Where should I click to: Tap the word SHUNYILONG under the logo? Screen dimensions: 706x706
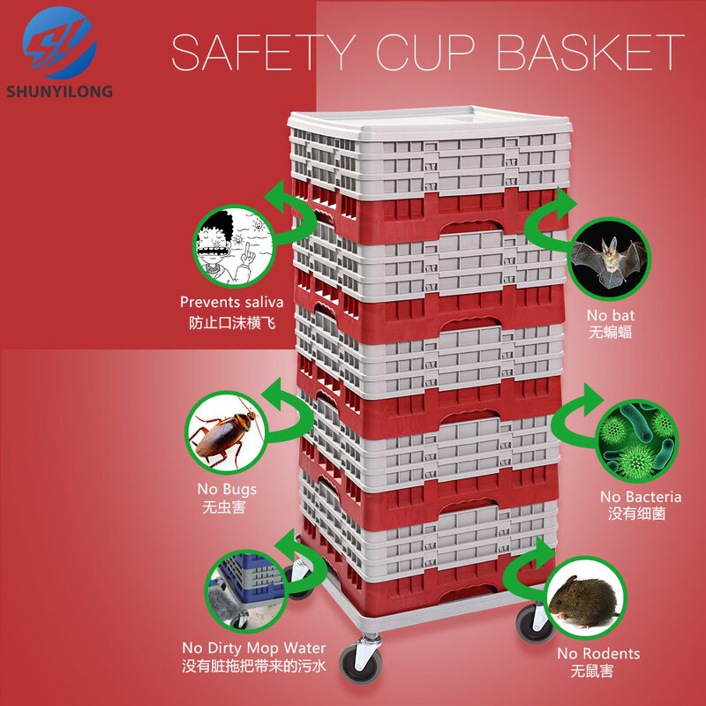[58, 92]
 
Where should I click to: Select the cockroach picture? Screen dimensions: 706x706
[225, 432]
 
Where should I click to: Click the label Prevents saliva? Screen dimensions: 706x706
[232, 303]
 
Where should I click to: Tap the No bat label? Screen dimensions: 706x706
[611, 314]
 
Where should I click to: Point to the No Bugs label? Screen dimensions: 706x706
[227, 489]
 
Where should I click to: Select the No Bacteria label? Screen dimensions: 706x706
[641, 496]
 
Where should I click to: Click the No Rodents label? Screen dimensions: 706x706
[598, 654]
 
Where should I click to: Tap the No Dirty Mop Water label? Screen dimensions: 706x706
[254, 648]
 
